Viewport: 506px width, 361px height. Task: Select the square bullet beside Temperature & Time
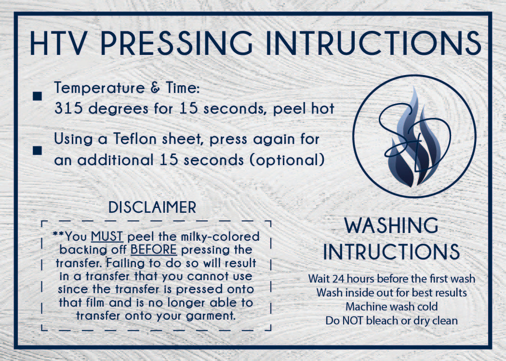[x=37, y=96]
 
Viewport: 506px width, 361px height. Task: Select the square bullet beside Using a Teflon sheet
[x=37, y=151]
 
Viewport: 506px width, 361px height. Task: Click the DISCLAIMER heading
[x=152, y=207]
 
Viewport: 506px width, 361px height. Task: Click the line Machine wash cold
[x=391, y=307]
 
